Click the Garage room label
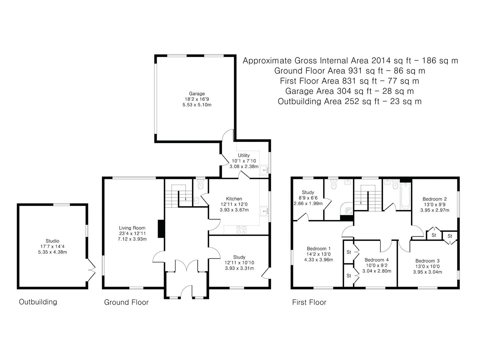tap(197, 94)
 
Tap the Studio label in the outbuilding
tap(52, 241)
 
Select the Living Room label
tap(132, 228)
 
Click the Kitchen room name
tap(234, 199)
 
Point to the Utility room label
tap(244, 155)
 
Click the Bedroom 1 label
tap(319, 249)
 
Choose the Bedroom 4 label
tap(377, 260)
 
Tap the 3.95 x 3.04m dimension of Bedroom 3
tap(428, 272)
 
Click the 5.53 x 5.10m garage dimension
tap(197, 105)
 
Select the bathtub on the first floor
tap(406, 196)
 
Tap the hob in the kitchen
tap(241, 230)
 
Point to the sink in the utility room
tap(264, 170)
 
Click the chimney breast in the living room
tap(161, 229)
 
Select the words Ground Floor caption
tap(126, 302)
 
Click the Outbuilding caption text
tap(38, 302)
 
